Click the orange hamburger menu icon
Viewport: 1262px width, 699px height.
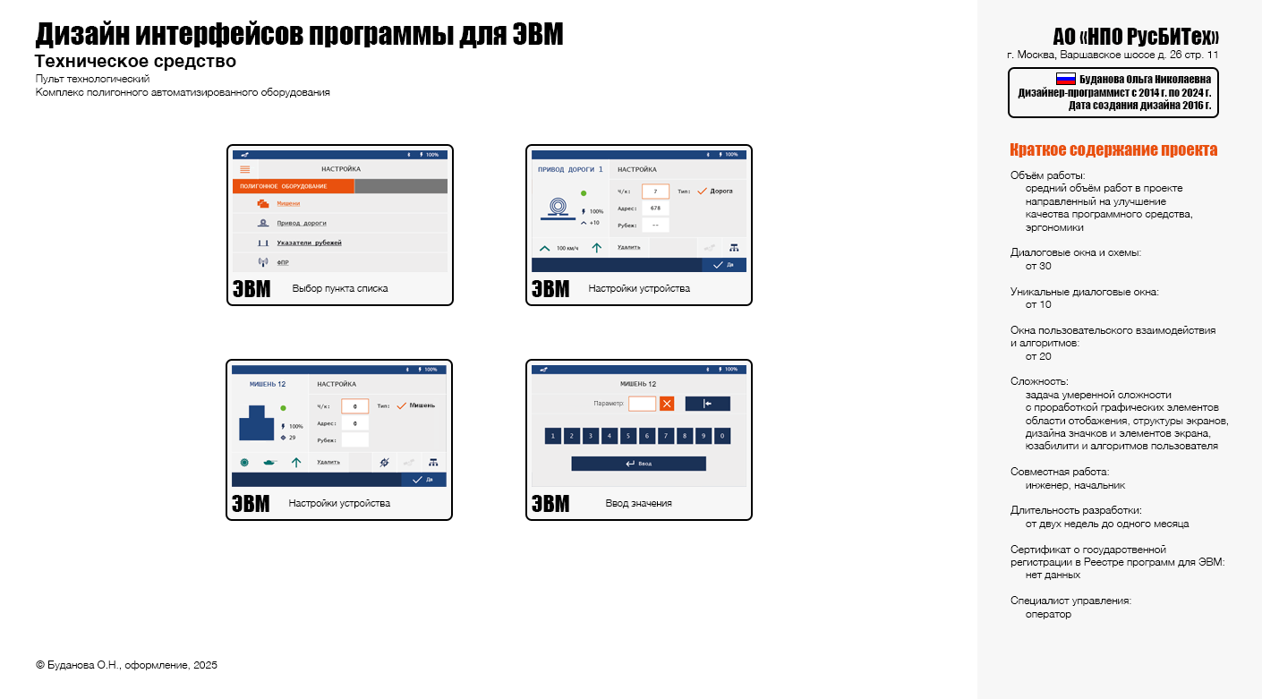point(245,169)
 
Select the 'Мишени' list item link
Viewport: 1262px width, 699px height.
point(288,204)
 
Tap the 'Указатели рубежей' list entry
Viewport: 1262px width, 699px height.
point(309,243)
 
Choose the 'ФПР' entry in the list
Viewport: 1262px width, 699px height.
point(282,262)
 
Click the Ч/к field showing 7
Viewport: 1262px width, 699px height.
point(655,192)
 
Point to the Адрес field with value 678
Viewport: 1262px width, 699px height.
point(655,208)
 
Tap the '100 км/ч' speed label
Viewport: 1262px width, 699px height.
point(567,248)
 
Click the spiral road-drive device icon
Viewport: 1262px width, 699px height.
point(557,208)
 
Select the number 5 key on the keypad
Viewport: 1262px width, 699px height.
point(629,437)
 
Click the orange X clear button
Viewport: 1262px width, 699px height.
point(667,404)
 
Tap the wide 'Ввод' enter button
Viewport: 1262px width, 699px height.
point(638,464)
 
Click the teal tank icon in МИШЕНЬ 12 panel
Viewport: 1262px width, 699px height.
point(269,463)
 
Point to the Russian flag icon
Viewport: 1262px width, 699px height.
point(1066,79)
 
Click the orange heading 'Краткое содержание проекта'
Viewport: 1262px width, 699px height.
point(1113,150)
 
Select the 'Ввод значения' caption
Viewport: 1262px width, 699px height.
point(638,504)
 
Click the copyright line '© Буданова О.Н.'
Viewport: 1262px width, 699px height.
point(126,665)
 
